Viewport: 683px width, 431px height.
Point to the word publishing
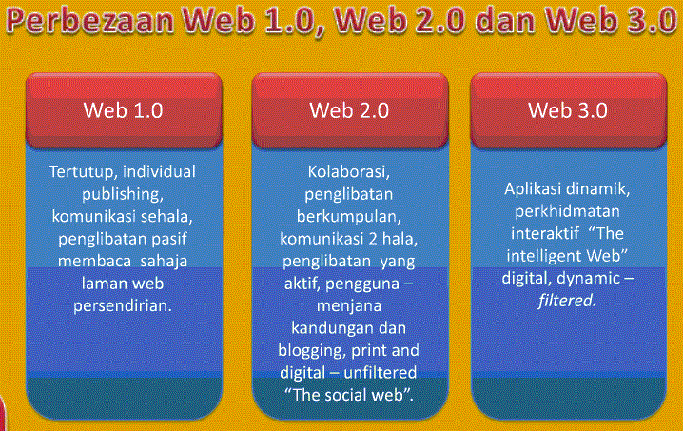tap(123, 195)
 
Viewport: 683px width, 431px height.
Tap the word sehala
tap(166, 217)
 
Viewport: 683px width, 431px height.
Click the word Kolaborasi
tap(349, 172)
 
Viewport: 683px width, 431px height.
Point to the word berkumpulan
tap(349, 217)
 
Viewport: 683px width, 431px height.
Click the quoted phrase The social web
tap(349, 393)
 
